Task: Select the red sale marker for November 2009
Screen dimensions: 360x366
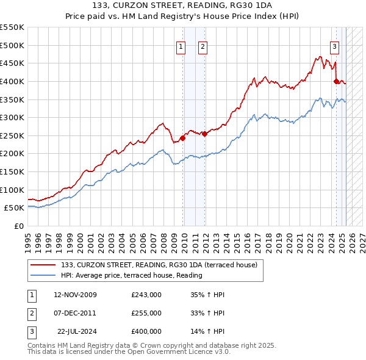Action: coord(182,138)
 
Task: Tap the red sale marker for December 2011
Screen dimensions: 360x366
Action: coord(204,134)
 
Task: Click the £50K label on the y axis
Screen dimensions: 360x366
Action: coord(14,207)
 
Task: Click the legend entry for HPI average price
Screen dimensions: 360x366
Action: coord(131,275)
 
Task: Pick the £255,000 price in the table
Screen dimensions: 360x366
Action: coord(146,313)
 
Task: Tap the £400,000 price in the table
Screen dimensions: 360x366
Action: coord(146,331)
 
